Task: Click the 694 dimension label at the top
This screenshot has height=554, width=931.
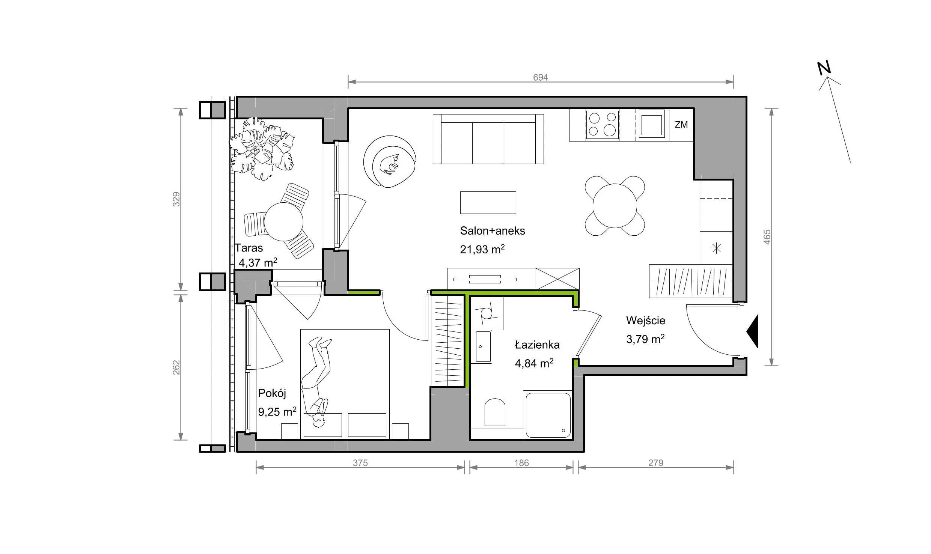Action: point(540,77)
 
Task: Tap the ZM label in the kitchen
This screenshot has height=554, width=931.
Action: point(681,125)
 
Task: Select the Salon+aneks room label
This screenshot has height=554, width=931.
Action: point(493,230)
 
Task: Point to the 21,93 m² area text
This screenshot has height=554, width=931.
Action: point(482,249)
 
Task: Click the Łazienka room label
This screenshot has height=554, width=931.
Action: point(537,345)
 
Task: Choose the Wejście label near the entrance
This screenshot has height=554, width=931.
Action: point(646,321)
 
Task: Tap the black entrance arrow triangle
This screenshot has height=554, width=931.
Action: point(752,331)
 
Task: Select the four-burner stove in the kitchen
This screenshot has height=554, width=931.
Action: point(603,124)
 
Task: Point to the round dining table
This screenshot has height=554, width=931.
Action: point(615,206)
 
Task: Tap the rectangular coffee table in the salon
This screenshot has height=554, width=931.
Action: point(488,203)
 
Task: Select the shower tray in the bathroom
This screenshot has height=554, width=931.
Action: point(547,415)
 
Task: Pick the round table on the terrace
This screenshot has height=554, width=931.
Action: point(283,221)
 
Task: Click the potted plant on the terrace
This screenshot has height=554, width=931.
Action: point(262,148)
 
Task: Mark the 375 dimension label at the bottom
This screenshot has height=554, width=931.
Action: point(360,463)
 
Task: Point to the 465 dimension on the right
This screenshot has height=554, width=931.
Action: point(767,237)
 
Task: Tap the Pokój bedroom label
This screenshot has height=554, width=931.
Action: point(272,393)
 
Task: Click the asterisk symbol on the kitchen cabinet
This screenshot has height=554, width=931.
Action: point(717,248)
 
